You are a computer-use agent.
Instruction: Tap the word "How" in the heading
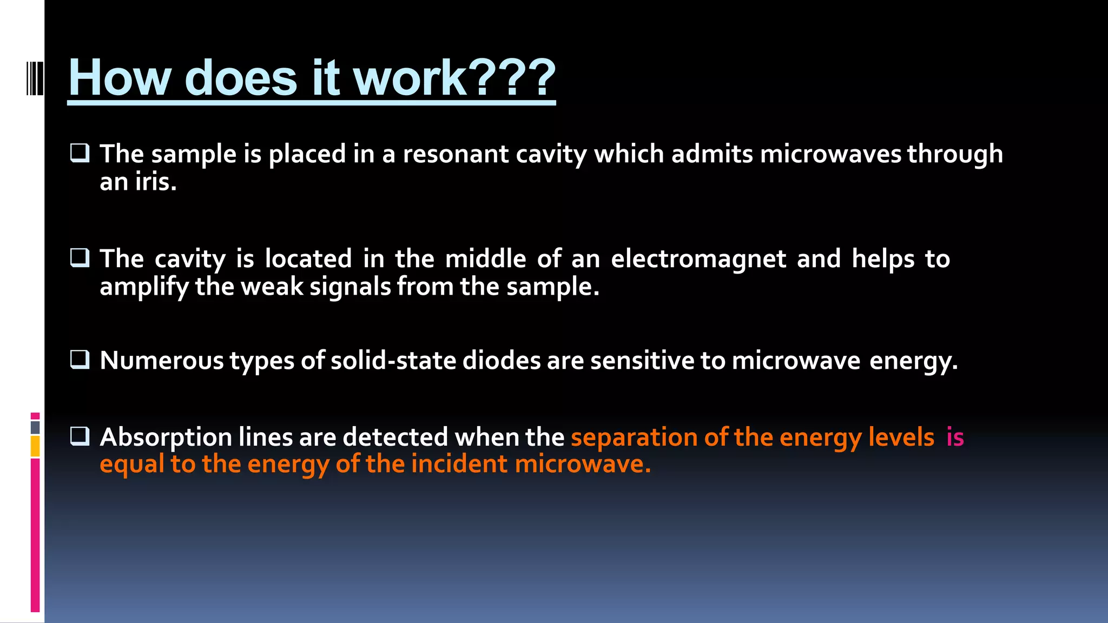120,78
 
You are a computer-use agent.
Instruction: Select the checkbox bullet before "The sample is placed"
80,153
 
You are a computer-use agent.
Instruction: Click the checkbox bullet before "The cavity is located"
80,257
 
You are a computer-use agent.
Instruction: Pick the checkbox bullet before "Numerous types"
80,359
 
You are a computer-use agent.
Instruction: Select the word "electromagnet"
698,259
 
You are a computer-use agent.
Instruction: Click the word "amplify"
144,287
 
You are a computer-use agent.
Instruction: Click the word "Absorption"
166,438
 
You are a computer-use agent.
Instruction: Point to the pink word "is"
955,437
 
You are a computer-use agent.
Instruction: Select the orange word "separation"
634,438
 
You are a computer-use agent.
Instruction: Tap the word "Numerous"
161,361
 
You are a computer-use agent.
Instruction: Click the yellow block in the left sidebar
35,447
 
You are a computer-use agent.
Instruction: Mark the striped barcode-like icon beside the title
35,78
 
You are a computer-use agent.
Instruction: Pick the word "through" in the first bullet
955,154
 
